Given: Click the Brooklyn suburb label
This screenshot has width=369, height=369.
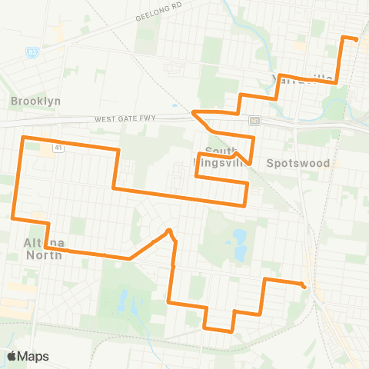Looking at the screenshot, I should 35,101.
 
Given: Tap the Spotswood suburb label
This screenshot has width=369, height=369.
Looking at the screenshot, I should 298,163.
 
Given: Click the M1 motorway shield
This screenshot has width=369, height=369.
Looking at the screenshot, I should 253,120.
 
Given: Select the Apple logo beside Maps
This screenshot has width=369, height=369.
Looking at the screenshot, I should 12,356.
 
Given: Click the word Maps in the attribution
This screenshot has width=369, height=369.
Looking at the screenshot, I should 33,356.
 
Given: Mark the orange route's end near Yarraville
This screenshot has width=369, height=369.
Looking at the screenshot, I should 357,38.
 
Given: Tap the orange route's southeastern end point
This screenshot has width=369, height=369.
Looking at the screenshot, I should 306,287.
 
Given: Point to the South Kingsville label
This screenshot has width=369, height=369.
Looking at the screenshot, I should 224,157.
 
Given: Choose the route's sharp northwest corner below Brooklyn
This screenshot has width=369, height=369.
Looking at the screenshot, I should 22,137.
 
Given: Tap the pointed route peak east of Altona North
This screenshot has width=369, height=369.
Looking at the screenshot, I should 168,230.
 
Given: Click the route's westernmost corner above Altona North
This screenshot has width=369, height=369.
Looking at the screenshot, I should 13,217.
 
